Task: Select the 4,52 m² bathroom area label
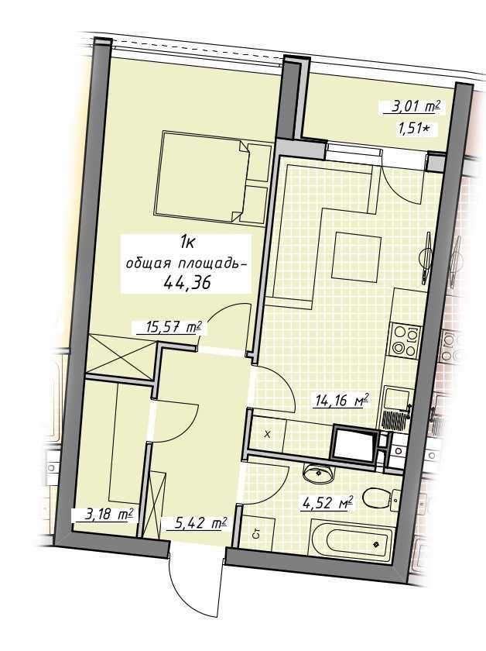(x=328, y=503)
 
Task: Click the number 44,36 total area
(x=187, y=282)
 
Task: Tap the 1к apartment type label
(x=187, y=242)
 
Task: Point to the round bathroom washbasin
(x=318, y=474)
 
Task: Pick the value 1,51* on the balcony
(x=412, y=129)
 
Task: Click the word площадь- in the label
(x=211, y=264)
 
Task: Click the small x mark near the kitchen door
(x=268, y=435)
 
